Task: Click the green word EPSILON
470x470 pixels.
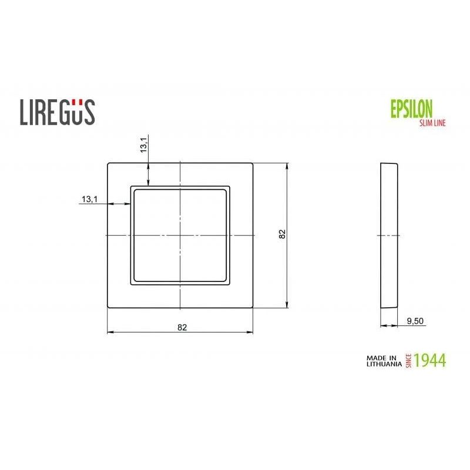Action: click(x=411, y=109)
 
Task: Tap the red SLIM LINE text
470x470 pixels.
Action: click(x=432, y=122)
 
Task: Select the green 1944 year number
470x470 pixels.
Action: click(x=430, y=360)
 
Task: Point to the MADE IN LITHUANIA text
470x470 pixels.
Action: click(x=382, y=360)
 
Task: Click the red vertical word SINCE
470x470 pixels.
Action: click(x=409, y=360)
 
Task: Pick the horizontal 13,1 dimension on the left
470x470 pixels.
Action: click(x=89, y=199)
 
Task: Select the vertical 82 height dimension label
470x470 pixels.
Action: click(x=282, y=234)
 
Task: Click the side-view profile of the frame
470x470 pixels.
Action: click(x=389, y=235)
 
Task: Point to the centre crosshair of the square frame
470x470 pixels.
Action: click(x=180, y=235)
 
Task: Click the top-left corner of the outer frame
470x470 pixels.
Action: click(x=108, y=163)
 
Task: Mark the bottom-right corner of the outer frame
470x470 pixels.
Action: click(x=253, y=308)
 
